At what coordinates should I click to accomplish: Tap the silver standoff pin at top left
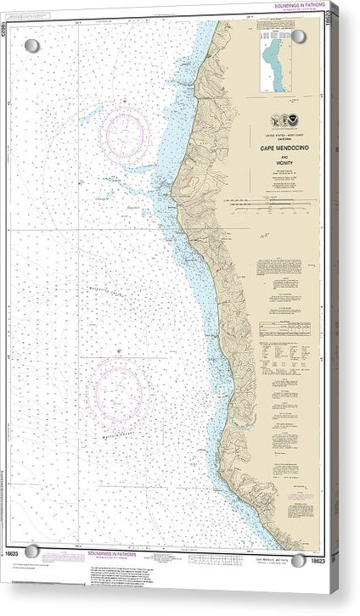coord(31,45)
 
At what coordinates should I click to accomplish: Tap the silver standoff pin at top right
coord(299,36)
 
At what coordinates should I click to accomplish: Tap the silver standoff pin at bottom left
coord(32,552)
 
